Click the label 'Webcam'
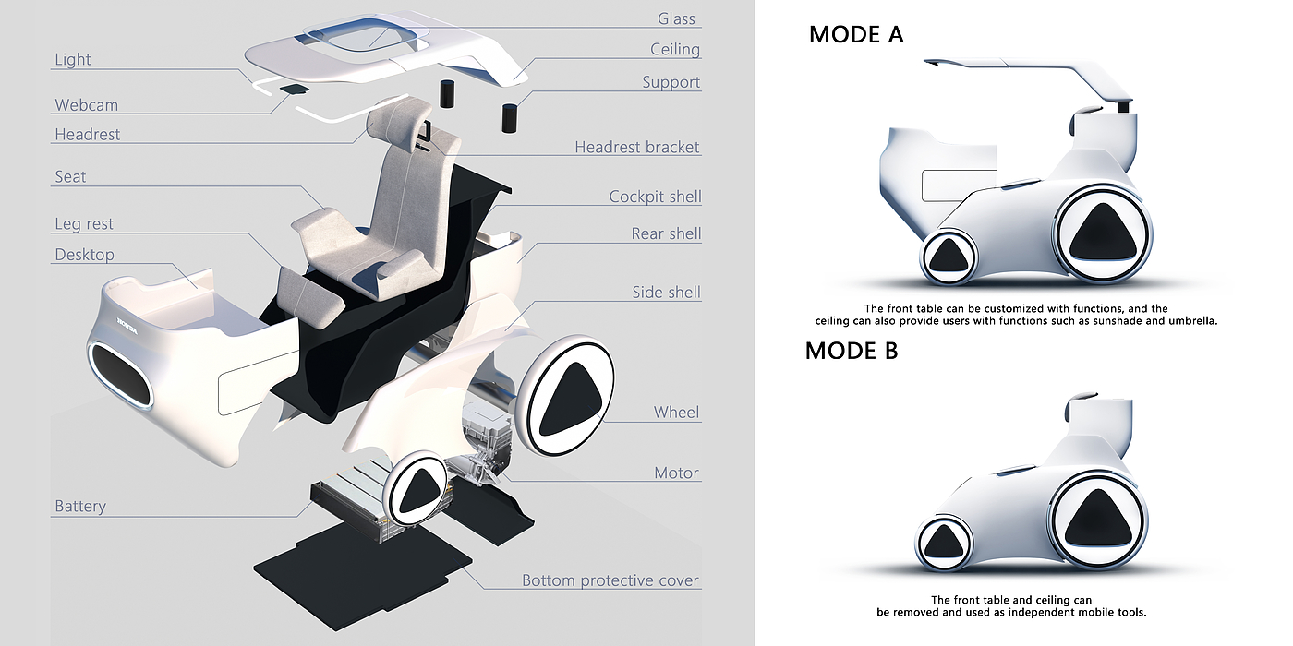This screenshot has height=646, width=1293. (86, 105)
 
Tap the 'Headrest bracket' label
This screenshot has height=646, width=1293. (637, 147)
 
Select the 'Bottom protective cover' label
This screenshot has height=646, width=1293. (610, 580)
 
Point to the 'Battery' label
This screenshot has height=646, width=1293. (80, 506)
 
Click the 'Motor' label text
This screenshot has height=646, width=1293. (676, 473)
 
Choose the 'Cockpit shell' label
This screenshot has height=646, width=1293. (655, 197)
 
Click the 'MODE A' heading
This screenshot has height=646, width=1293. (856, 35)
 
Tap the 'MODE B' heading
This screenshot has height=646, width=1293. (852, 351)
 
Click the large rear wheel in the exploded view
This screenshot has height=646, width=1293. (565, 396)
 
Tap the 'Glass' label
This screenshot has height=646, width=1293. (676, 18)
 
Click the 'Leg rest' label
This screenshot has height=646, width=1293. (84, 223)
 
